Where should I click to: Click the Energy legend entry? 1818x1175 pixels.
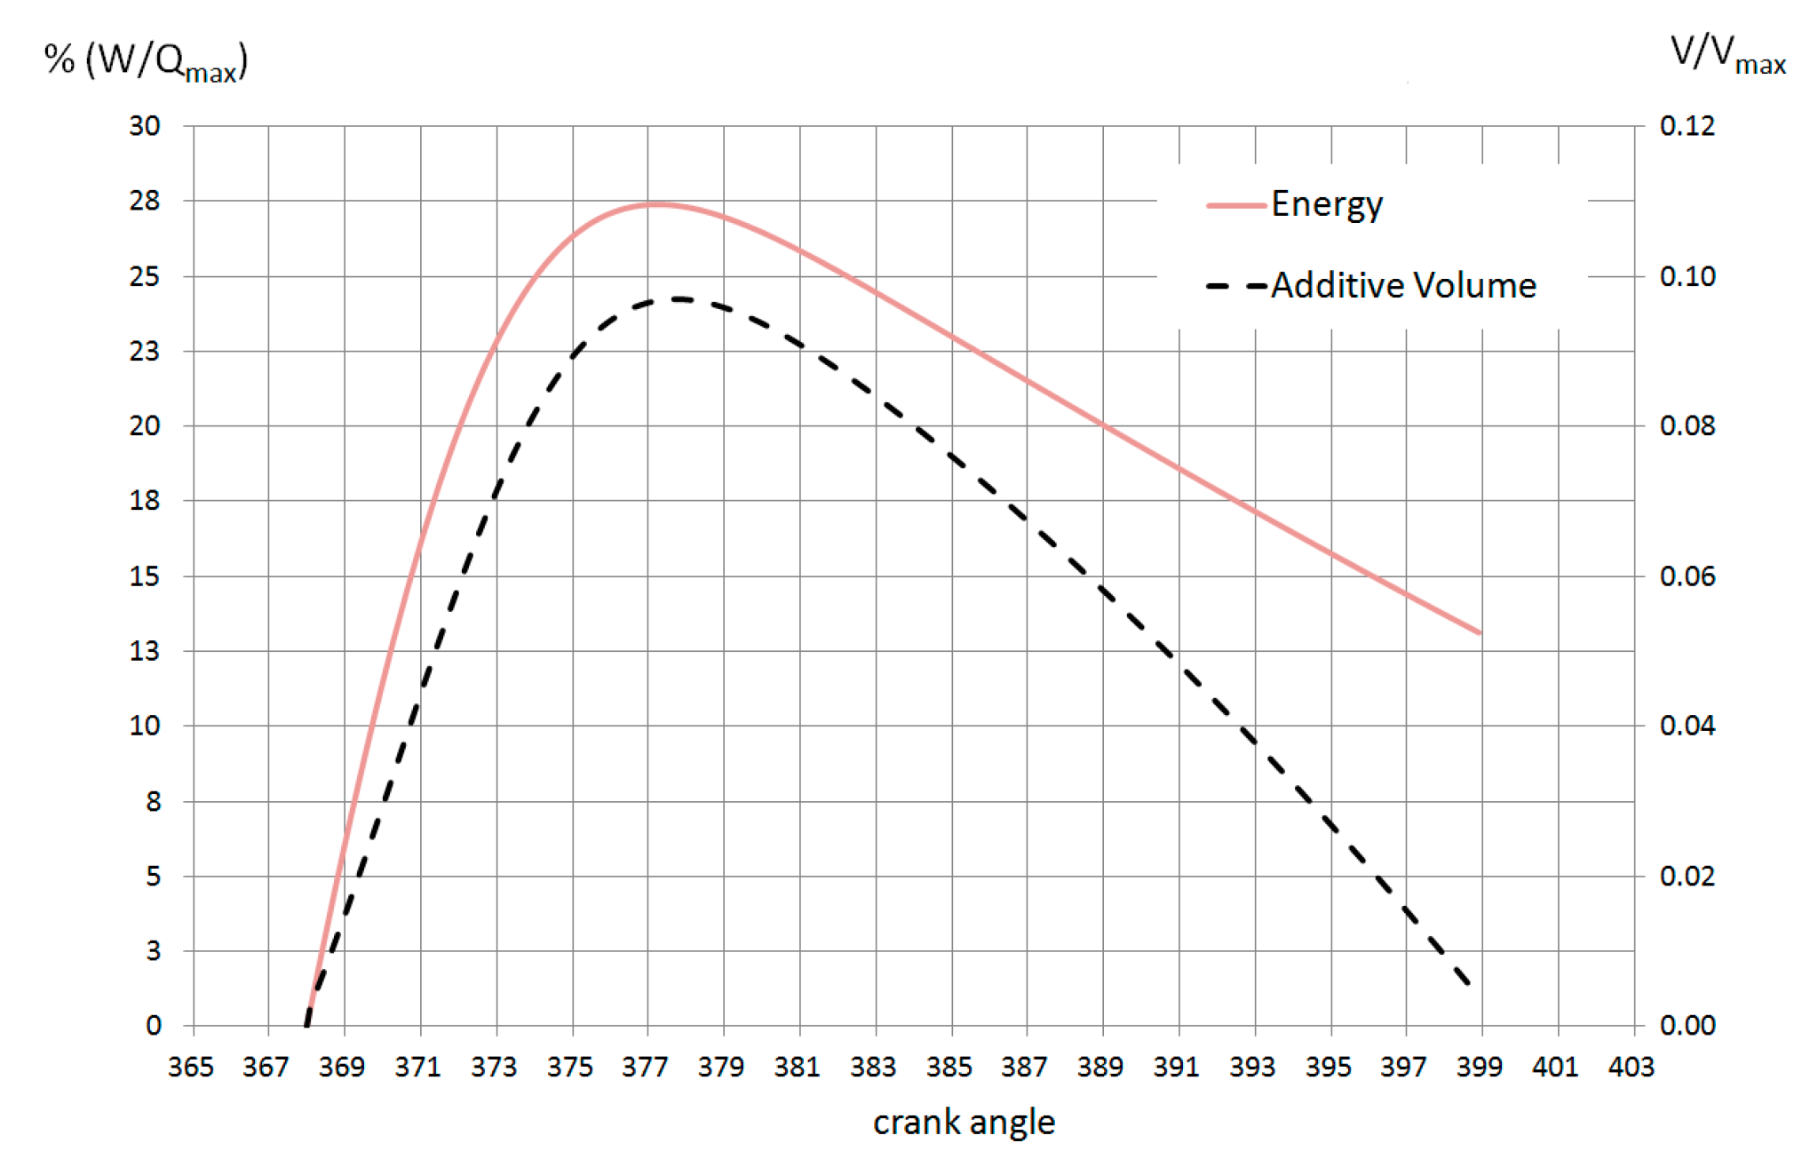[1326, 204]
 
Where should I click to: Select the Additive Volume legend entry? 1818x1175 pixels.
[1402, 286]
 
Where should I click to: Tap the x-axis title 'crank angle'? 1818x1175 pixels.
[964, 1123]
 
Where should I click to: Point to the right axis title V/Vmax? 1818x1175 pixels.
[1727, 55]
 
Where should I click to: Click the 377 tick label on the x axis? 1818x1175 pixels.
[646, 1067]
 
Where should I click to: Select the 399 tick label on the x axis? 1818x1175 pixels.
[1479, 1067]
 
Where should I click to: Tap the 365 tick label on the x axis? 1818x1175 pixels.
[191, 1067]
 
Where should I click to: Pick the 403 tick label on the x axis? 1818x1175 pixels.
[1631, 1067]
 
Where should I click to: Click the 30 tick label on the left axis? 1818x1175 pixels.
[145, 126]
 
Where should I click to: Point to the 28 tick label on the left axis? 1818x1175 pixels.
[145, 202]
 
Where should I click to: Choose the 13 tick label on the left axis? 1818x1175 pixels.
[145, 651]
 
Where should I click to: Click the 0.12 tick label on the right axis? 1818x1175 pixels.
[1687, 126]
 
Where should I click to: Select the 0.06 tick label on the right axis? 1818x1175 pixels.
[1687, 576]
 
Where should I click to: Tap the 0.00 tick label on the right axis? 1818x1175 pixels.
[1687, 1026]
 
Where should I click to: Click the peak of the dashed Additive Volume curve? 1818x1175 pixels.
[679, 299]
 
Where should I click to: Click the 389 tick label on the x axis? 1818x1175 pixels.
[1100, 1067]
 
